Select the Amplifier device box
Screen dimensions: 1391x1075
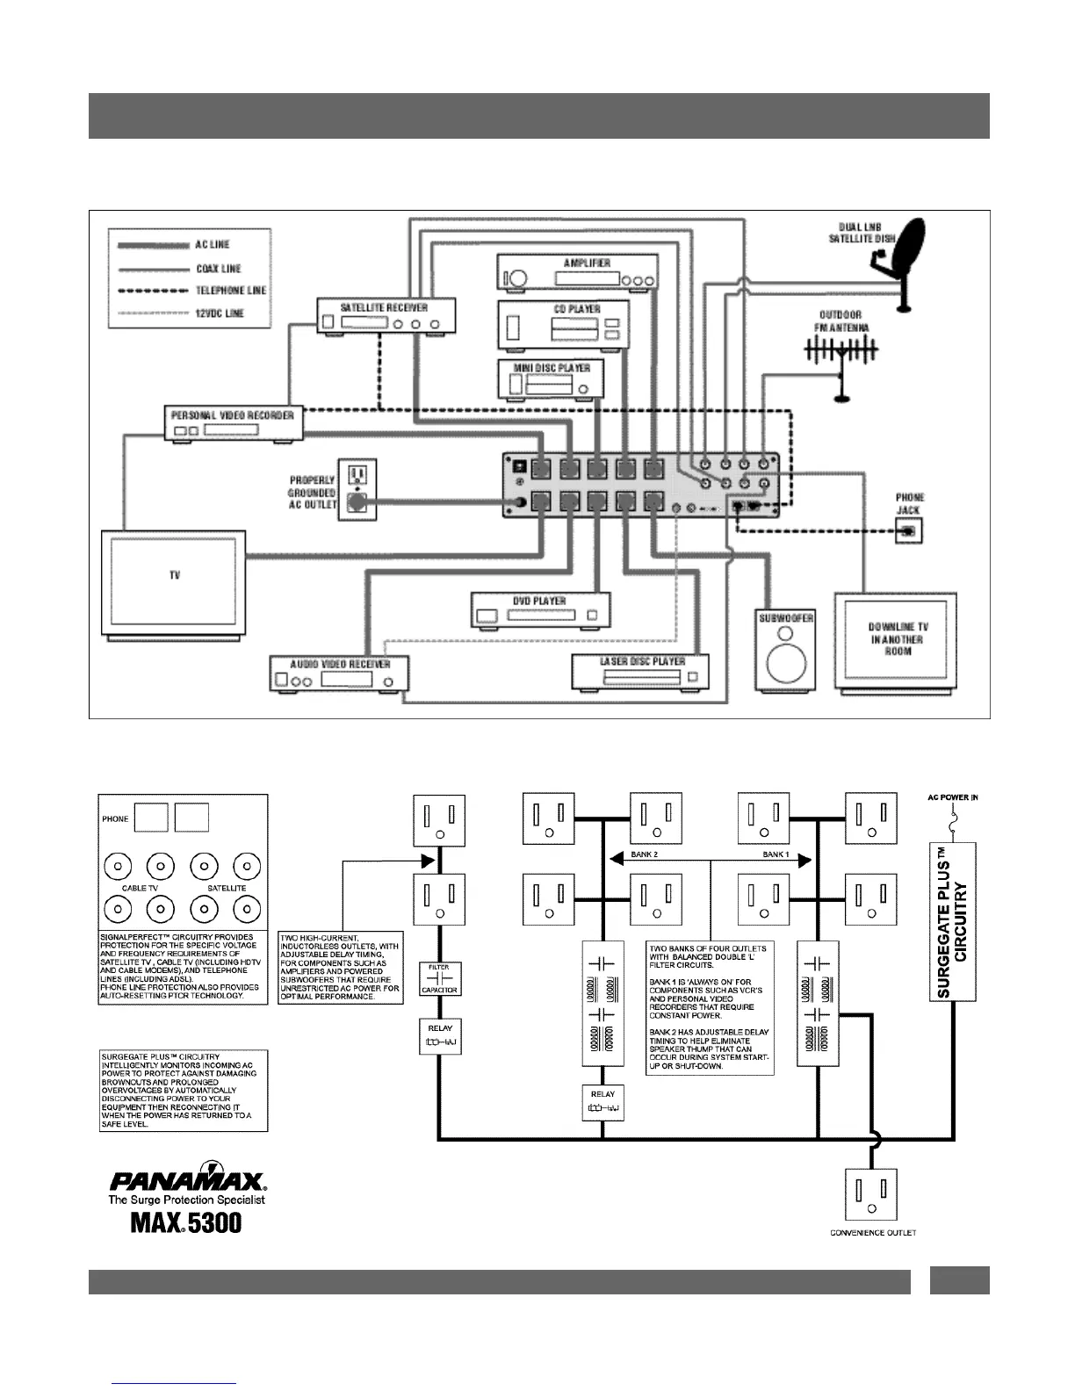click(x=578, y=271)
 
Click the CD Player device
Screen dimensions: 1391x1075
click(x=564, y=324)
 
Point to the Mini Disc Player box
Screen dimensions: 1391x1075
click(x=552, y=379)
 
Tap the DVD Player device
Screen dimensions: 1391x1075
click(x=540, y=609)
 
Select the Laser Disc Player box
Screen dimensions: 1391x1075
click(x=640, y=672)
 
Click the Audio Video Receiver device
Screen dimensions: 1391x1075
click(x=339, y=674)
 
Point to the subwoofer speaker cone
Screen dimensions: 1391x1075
click(x=785, y=660)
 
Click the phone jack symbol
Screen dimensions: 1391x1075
click(x=909, y=530)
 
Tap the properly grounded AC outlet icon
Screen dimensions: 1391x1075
click(x=357, y=488)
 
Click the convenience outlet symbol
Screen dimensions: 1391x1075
click(x=871, y=1194)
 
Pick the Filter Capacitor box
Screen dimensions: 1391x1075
click(x=439, y=979)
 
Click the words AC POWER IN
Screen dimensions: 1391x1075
click(x=953, y=798)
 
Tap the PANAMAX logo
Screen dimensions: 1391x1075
click(x=186, y=1178)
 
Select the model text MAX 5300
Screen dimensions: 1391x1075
click(x=186, y=1222)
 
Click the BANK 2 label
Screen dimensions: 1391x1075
click(x=644, y=854)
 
